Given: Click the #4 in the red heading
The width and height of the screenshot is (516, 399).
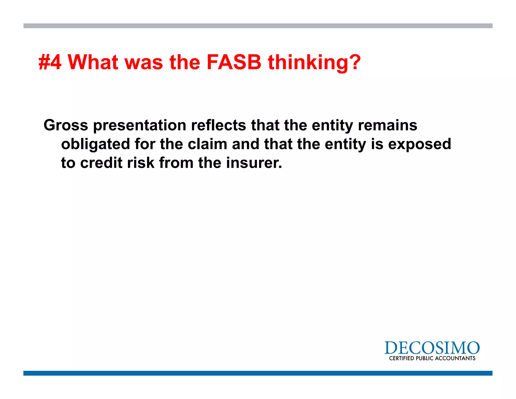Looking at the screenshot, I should [50, 62].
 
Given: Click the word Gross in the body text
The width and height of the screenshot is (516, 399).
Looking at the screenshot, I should [66, 125].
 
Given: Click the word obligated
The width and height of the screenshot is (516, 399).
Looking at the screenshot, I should [95, 144].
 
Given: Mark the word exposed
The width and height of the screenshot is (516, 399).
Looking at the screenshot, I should [419, 144].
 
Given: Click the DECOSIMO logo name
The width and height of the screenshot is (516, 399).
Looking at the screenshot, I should [432, 348].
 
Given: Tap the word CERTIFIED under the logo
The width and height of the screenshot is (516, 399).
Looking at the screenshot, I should [402, 358].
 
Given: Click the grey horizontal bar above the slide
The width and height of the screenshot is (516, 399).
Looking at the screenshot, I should [258, 26].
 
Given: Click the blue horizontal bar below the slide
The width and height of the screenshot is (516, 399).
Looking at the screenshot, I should [258, 373].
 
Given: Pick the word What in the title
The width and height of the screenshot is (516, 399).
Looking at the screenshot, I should [93, 62].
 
